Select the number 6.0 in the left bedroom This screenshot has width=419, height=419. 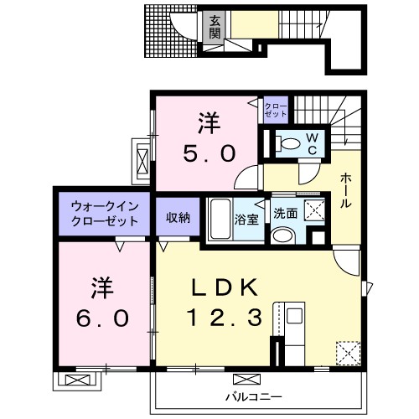click(x=98, y=318)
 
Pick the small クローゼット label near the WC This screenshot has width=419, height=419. click(x=276, y=109)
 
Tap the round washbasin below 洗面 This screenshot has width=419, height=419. click(x=282, y=235)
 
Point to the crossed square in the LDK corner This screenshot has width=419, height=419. click(x=346, y=352)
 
